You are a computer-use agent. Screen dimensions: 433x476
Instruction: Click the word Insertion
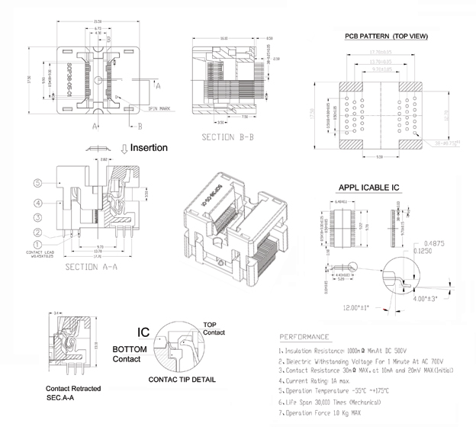(149, 147)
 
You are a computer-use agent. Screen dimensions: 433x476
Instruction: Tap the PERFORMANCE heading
(305, 336)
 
